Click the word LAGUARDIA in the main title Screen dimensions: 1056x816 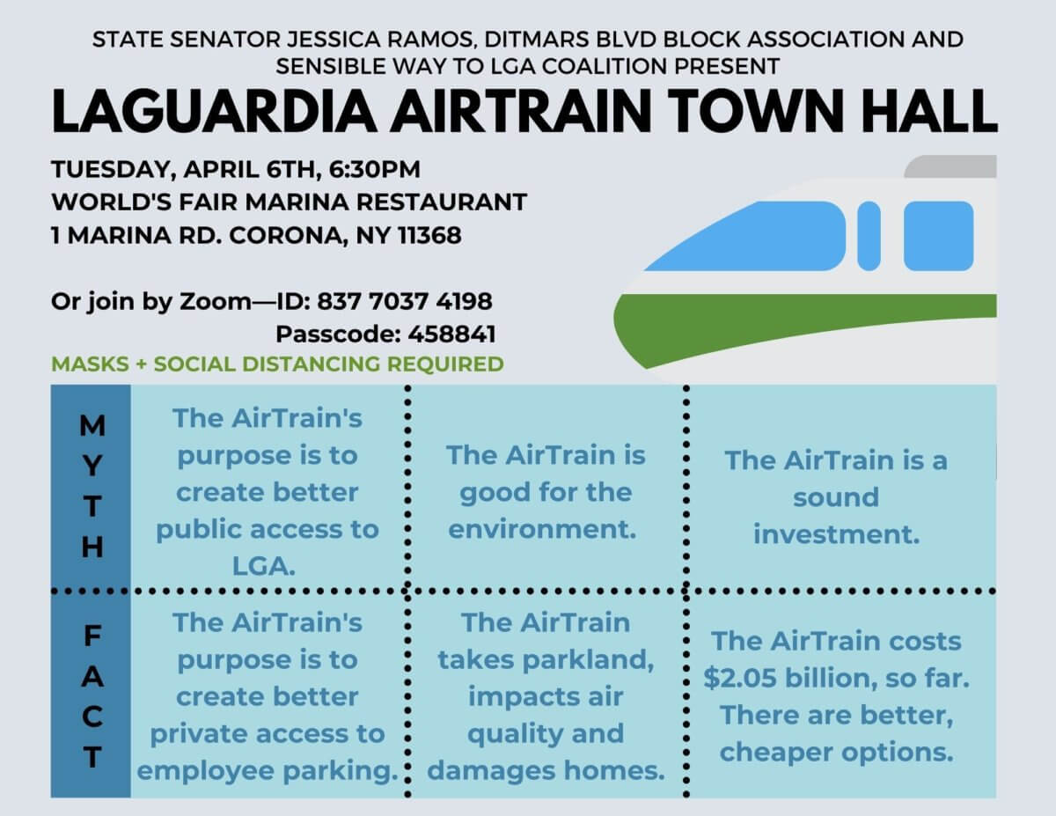(x=214, y=111)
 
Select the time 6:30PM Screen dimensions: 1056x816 (x=374, y=170)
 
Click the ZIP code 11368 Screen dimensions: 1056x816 (x=429, y=236)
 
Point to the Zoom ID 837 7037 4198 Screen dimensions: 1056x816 (x=404, y=301)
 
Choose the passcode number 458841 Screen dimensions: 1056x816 (x=451, y=334)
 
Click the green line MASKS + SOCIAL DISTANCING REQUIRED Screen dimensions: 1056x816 (x=277, y=364)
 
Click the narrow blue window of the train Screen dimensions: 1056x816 (x=869, y=236)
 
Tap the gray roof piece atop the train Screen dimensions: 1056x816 (x=952, y=166)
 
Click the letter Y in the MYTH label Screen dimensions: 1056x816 (x=92, y=467)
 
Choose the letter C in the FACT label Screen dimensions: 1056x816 (x=92, y=717)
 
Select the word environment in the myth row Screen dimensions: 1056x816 (x=542, y=529)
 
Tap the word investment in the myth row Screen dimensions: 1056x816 (x=836, y=534)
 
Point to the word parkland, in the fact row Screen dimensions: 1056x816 (x=589, y=660)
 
